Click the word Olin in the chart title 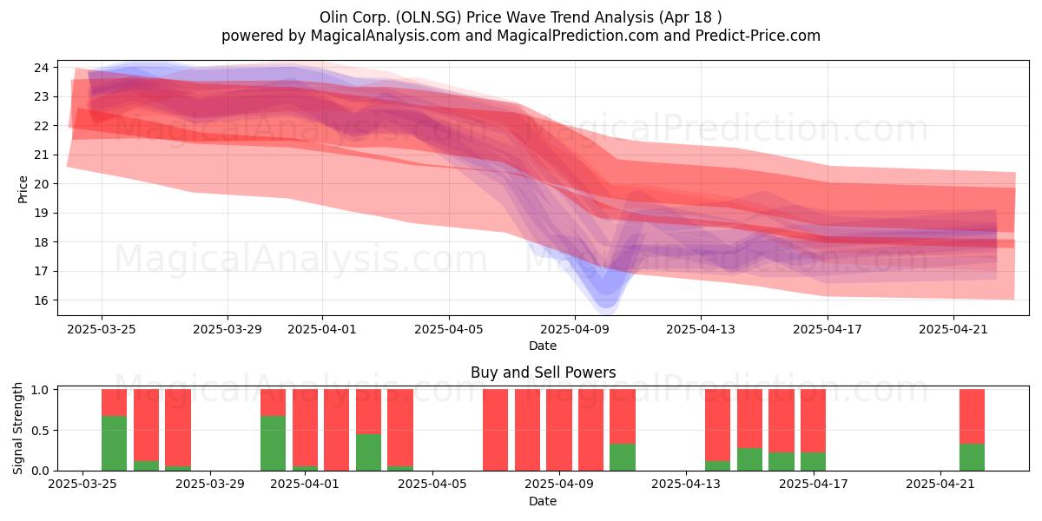click(331, 17)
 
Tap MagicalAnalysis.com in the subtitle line click(386, 36)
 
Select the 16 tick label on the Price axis click(42, 300)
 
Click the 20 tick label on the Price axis click(42, 184)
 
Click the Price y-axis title click(23, 190)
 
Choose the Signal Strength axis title click(17, 428)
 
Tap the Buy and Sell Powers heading click(543, 373)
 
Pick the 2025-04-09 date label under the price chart click(575, 329)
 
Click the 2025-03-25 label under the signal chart click(82, 485)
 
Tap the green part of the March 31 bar click(273, 444)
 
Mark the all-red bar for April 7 click(496, 430)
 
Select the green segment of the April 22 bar click(972, 458)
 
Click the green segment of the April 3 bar click(368, 452)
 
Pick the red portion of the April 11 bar click(623, 416)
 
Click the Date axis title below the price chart click(543, 346)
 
